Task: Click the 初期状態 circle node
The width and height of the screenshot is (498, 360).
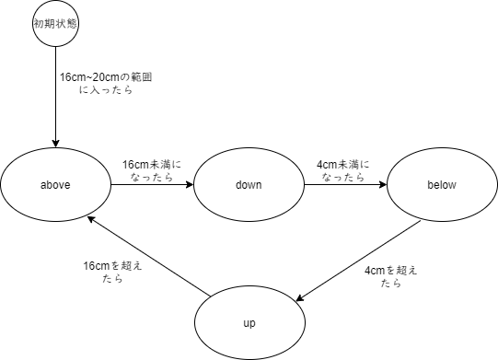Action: click(x=57, y=25)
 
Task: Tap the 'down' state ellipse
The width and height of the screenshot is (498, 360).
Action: click(x=249, y=184)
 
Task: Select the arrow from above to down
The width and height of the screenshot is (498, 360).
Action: click(x=152, y=184)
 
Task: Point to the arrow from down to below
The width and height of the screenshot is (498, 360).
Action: click(x=345, y=184)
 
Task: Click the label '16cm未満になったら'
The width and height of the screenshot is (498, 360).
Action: click(x=152, y=170)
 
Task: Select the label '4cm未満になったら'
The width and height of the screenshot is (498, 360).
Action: click(x=342, y=170)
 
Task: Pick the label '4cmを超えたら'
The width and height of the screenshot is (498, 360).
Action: click(x=391, y=276)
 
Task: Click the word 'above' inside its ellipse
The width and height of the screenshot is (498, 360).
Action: click(x=56, y=184)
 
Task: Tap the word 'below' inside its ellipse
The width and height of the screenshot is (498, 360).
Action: click(x=442, y=184)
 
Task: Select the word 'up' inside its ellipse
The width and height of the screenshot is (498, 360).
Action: click(x=249, y=324)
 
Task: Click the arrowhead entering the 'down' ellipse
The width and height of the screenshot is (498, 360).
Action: click(x=190, y=184)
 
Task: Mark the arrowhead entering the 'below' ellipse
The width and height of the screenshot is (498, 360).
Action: click(x=383, y=184)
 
